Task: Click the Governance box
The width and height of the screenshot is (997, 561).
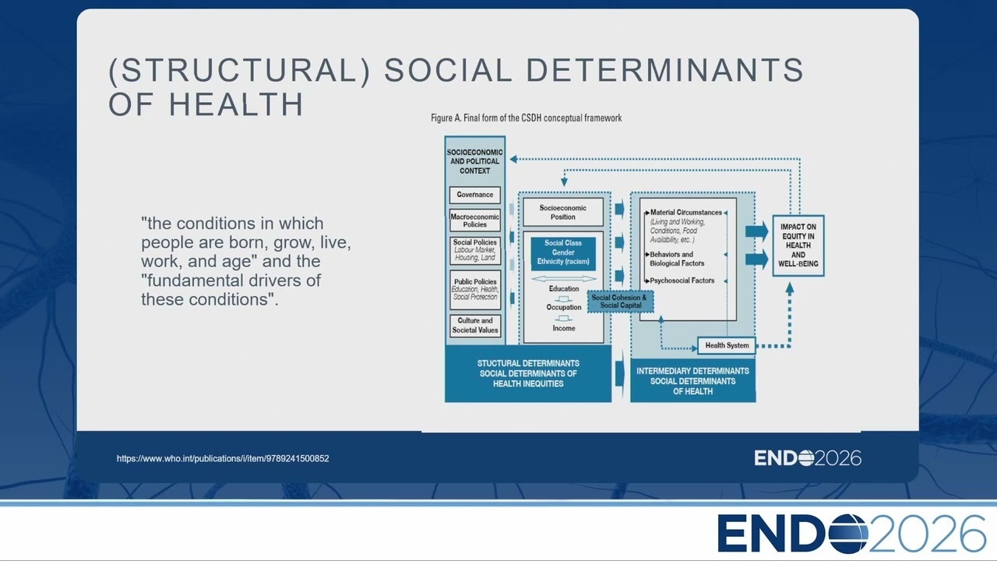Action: coord(475,195)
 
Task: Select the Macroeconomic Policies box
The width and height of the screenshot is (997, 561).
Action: coord(475,221)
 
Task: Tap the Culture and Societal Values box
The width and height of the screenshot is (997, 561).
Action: coord(475,326)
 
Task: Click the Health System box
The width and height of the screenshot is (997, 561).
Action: coord(727,345)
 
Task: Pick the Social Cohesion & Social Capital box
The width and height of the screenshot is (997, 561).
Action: coord(621,302)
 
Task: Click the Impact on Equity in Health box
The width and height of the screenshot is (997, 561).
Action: coord(798,245)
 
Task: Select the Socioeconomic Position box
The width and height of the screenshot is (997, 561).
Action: coord(563,213)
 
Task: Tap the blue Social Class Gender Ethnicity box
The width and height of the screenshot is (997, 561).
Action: coord(563,252)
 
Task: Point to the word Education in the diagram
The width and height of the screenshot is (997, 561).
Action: coord(564,288)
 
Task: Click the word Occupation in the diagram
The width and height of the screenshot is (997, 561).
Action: coord(564,307)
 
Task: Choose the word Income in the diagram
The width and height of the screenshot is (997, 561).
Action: coord(564,328)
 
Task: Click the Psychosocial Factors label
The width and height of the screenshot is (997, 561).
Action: coord(682,280)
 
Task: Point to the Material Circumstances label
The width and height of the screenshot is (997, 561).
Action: coord(686,213)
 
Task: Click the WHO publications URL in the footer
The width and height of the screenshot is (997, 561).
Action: coord(223,459)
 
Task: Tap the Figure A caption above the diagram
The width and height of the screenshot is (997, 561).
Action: coord(526,118)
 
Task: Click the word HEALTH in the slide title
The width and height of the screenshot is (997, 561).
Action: coord(236,104)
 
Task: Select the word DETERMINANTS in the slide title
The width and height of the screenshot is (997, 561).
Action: coord(665,70)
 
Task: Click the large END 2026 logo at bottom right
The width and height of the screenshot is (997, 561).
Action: coord(851,533)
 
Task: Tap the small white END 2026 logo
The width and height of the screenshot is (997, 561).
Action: coord(808,458)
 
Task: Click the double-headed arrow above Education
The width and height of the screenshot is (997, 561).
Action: coord(564,279)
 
